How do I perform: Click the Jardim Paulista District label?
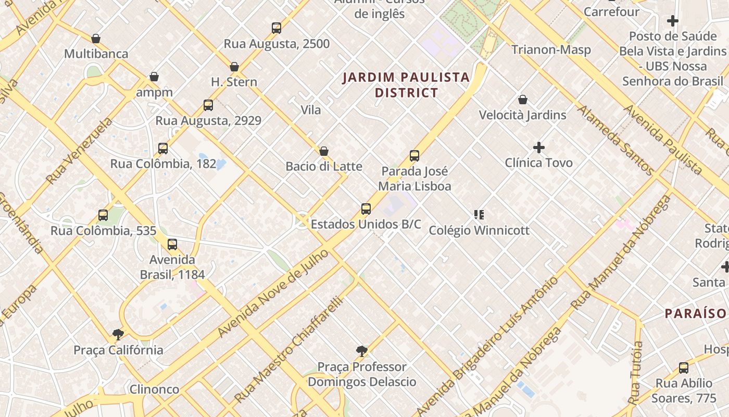pyautogui.click(x=406, y=85)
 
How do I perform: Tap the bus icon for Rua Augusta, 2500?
pyautogui.click(x=276, y=28)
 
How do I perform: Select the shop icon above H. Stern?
pyautogui.click(x=234, y=67)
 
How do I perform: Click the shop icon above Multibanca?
pyautogui.click(x=96, y=39)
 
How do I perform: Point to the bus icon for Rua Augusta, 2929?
pyautogui.click(x=208, y=105)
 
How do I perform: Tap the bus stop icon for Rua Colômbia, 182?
pyautogui.click(x=163, y=149)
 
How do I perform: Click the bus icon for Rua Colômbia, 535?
pyautogui.click(x=103, y=215)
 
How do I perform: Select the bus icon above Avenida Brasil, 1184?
pyautogui.click(x=172, y=244)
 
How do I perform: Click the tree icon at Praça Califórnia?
pyautogui.click(x=118, y=334)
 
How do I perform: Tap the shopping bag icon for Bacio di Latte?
pyautogui.click(x=324, y=151)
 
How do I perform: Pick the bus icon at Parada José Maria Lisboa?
pyautogui.click(x=414, y=155)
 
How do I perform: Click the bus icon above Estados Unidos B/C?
pyautogui.click(x=366, y=209)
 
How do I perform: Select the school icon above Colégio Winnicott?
pyautogui.click(x=479, y=214)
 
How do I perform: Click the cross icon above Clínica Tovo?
pyautogui.click(x=539, y=148)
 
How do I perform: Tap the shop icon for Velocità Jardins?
pyautogui.click(x=523, y=100)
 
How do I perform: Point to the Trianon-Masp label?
pyautogui.click(x=551, y=50)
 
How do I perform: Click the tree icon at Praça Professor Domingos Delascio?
pyautogui.click(x=362, y=351)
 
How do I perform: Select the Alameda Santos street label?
pyautogui.click(x=615, y=140)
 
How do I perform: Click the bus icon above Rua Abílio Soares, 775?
pyautogui.click(x=684, y=368)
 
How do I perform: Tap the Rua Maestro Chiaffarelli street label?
pyautogui.click(x=290, y=350)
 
